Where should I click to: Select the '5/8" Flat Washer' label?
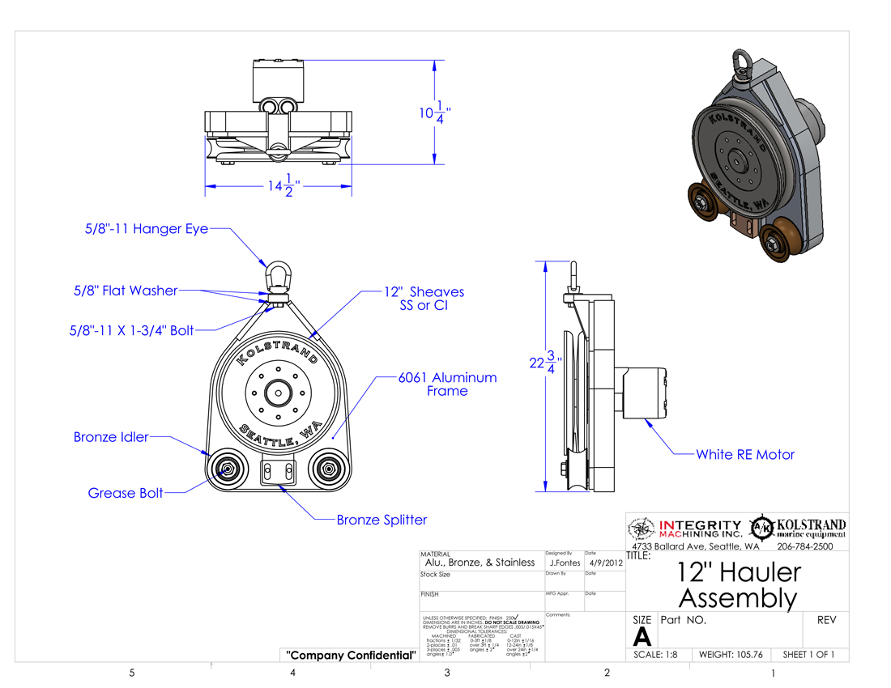point(126,290)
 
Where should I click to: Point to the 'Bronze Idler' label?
point(111,437)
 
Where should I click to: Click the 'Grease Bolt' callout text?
point(126,493)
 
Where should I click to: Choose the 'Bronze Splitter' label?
point(382,520)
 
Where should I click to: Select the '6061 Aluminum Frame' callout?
point(447,384)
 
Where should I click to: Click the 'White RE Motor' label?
point(745,455)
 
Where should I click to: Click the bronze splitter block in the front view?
point(278,471)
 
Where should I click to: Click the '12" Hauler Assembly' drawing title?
point(737,585)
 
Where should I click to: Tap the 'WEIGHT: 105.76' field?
point(731,655)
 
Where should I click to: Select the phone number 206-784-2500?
point(810,547)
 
